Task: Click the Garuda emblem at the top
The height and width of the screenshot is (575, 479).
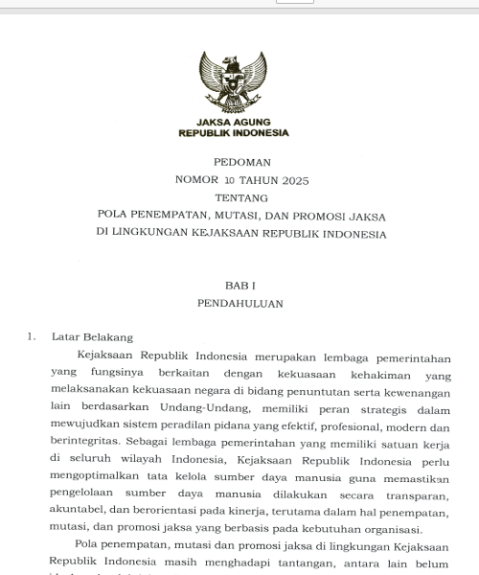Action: tap(233, 83)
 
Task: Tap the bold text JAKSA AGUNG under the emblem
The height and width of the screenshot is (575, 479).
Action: tap(234, 122)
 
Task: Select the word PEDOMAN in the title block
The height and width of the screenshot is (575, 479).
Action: tap(242, 162)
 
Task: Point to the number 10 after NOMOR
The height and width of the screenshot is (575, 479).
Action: tap(229, 180)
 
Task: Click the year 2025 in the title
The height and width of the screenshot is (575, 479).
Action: tap(291, 180)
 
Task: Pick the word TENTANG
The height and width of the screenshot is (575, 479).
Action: tap(241, 197)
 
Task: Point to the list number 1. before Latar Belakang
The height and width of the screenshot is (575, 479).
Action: tap(32, 337)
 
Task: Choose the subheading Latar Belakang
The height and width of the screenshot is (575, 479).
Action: tap(92, 337)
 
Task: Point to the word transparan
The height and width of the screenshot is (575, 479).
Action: tap(415, 495)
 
